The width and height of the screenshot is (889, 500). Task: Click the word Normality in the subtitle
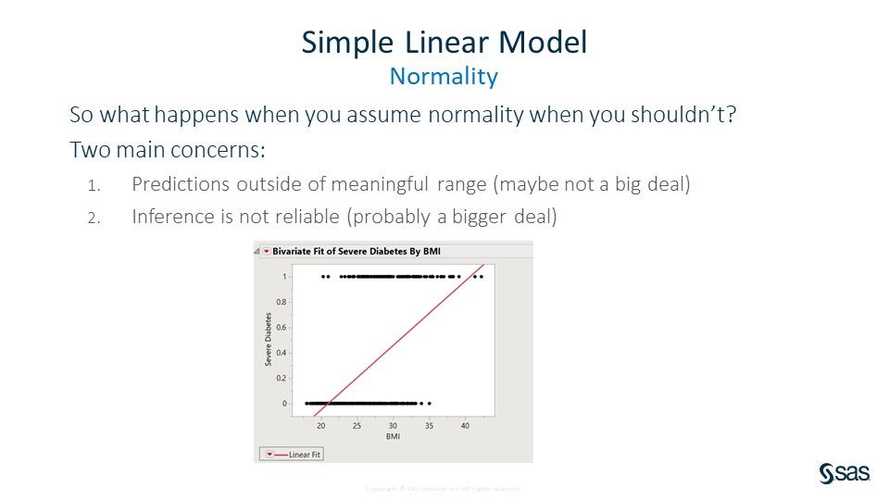pyautogui.click(x=444, y=76)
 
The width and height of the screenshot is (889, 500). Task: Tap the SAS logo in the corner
pyautogui.click(x=844, y=473)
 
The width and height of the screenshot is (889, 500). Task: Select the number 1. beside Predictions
pyautogui.click(x=93, y=185)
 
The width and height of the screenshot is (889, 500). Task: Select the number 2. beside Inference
pyautogui.click(x=93, y=217)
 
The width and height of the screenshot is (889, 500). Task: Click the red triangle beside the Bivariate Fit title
pyautogui.click(x=265, y=251)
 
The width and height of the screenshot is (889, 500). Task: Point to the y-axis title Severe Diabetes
pyautogui.click(x=268, y=340)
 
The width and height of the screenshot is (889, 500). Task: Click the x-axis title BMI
pyautogui.click(x=393, y=436)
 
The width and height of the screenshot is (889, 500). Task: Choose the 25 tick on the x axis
pyautogui.click(x=357, y=426)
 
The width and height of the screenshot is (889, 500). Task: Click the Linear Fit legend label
pyautogui.click(x=305, y=455)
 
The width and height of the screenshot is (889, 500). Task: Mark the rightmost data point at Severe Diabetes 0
pyautogui.click(x=430, y=404)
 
